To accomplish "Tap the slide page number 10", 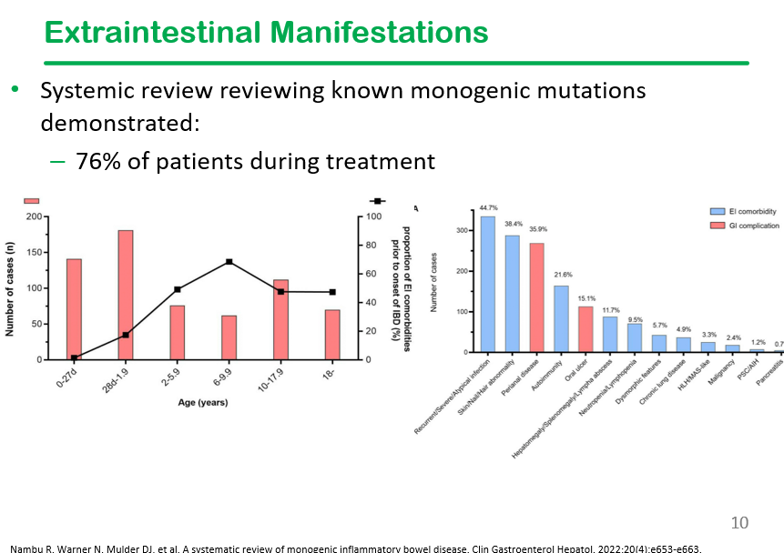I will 739,523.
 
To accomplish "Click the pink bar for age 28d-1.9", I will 126,295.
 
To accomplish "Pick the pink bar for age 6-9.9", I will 229,337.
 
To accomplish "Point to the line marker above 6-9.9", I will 229,262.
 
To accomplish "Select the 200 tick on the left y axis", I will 34,216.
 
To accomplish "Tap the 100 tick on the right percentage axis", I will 373,216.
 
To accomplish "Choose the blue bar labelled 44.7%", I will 487,284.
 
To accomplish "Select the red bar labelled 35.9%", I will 536,297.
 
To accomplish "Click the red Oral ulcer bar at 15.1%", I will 585,329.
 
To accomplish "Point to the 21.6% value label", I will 562,275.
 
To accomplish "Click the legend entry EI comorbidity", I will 751,211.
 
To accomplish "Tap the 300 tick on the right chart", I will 462,230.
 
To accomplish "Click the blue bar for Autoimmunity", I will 561,318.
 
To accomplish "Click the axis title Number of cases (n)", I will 10,287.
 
